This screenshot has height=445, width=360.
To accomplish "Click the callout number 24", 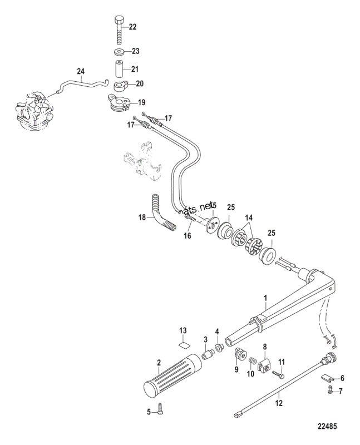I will (x=81, y=71).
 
